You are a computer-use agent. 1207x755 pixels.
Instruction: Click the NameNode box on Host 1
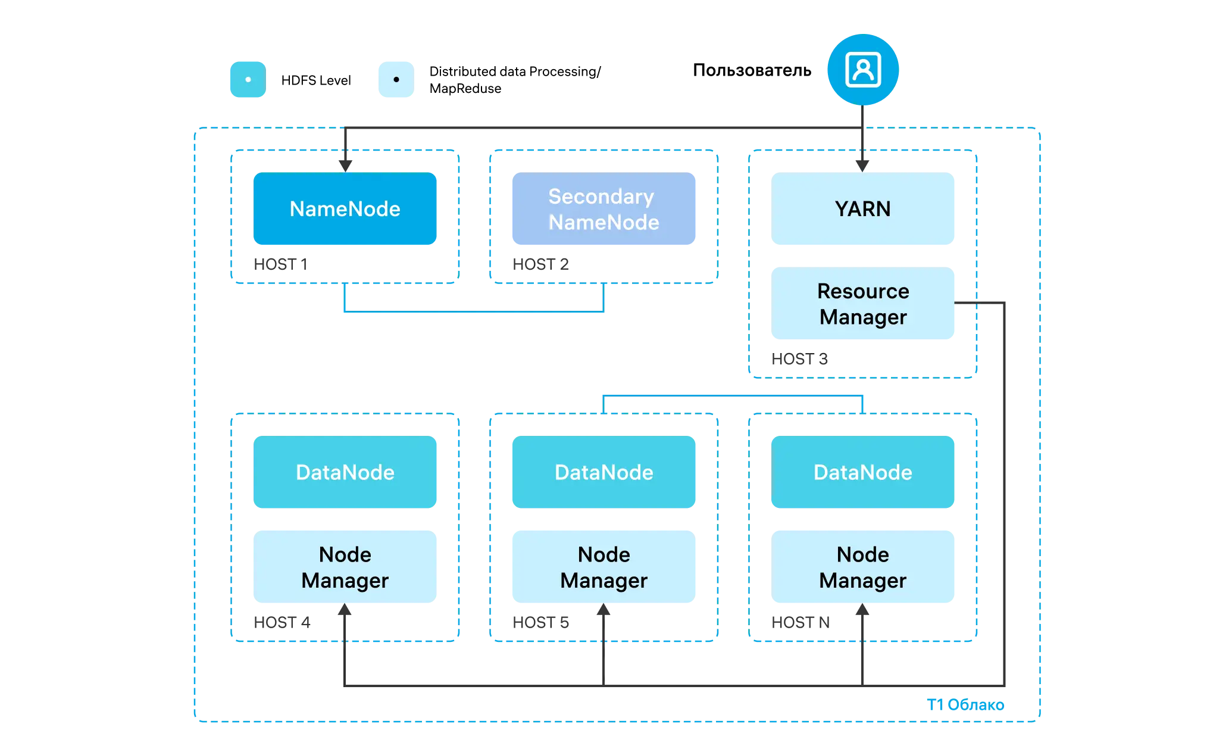click(345, 208)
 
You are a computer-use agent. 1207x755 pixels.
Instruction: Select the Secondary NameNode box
click(603, 208)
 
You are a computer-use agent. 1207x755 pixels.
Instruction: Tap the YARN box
click(862, 208)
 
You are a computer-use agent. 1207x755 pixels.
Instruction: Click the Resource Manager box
click(862, 303)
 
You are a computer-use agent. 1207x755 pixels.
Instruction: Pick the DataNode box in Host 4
click(345, 472)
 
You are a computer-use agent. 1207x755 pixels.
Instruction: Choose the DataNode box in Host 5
click(603, 472)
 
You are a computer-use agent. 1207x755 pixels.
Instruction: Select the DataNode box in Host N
click(862, 472)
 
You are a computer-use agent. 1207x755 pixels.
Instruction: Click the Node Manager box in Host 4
click(345, 567)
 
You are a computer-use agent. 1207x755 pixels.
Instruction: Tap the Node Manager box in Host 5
click(603, 567)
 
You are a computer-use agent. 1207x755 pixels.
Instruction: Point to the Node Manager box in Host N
click(862, 567)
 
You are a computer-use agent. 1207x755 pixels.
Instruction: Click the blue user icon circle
click(863, 70)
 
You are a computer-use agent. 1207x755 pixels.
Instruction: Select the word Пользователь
click(752, 70)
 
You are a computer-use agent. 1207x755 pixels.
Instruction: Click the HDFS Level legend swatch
click(248, 79)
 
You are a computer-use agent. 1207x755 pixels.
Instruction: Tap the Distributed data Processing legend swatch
click(396, 79)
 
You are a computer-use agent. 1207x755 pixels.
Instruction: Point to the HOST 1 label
click(280, 264)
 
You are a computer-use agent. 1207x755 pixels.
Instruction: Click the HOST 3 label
click(799, 359)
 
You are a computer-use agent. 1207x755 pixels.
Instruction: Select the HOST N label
click(801, 623)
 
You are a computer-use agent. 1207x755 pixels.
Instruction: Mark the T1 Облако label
click(965, 705)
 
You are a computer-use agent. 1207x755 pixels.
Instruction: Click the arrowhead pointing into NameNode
click(345, 166)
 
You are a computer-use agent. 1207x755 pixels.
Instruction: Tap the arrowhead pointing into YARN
click(862, 166)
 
